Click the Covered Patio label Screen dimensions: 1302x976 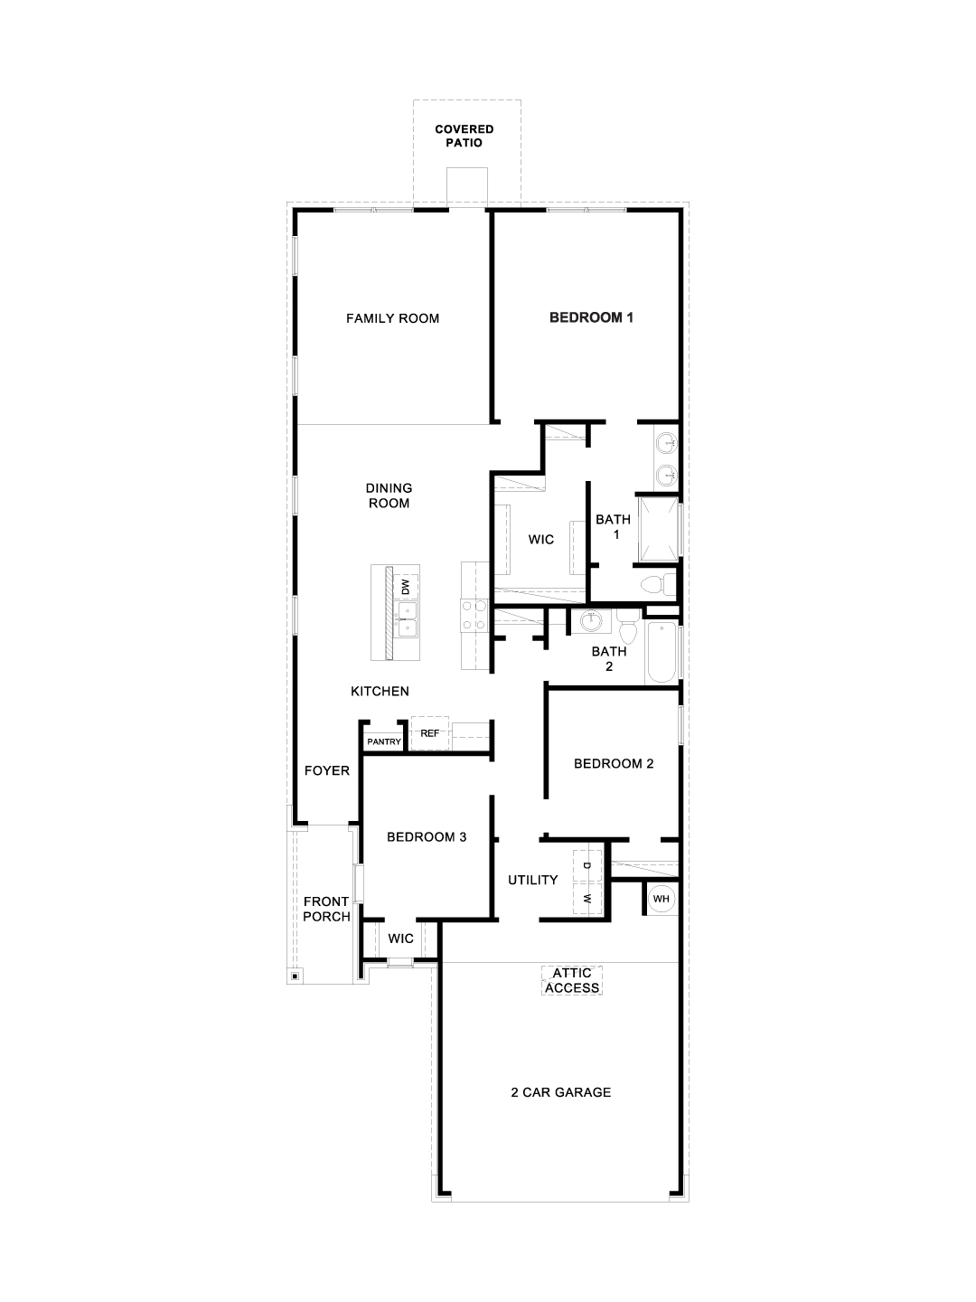[x=465, y=136]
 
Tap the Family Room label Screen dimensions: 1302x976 [x=392, y=318]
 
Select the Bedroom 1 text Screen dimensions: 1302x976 [x=591, y=317]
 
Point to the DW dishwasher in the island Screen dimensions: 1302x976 [x=406, y=586]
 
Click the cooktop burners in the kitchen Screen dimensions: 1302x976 [x=474, y=616]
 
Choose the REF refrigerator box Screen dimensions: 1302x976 [x=429, y=733]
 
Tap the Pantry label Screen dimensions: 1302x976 [x=384, y=741]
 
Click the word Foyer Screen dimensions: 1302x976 [x=326, y=770]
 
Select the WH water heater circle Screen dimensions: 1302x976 [x=661, y=899]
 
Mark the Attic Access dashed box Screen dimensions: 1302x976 [x=572, y=980]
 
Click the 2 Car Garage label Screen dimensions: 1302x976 [x=560, y=1092]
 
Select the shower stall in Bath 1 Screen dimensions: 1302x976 [x=658, y=528]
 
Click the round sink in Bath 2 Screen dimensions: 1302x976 [x=591, y=620]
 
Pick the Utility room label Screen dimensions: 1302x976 [x=532, y=880]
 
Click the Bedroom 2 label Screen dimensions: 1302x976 [x=614, y=763]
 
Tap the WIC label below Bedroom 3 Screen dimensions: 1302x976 [x=400, y=939]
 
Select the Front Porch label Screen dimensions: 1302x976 [x=326, y=909]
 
